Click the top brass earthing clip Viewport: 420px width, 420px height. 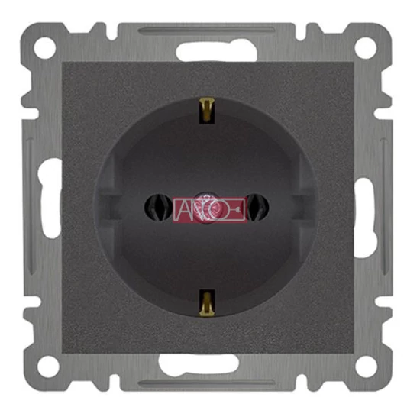(x=207, y=111)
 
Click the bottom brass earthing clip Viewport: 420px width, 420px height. (x=207, y=302)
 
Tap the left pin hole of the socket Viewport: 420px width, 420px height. (x=158, y=207)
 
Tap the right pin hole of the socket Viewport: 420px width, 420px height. (x=257, y=207)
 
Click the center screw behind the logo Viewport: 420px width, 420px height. (x=206, y=207)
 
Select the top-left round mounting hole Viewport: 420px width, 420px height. (x=45, y=48)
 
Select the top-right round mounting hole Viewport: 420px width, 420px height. (x=366, y=48)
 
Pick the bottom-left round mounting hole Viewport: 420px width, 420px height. (x=48, y=366)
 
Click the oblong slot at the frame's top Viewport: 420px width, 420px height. (x=216, y=51)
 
